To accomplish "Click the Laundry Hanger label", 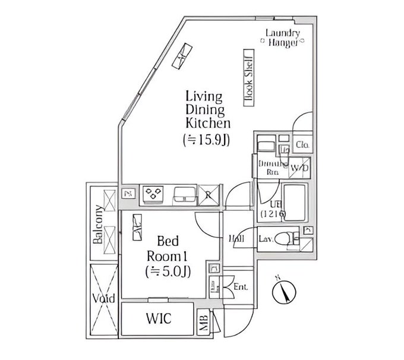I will coord(283,38).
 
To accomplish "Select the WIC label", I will coord(159,318).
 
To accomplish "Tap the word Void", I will coord(104,298).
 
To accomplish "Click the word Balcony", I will coord(96,225).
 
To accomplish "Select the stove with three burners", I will coord(153,193).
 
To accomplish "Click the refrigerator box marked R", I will coord(209,193).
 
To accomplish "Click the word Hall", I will coord(235,239).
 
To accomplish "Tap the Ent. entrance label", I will coord(240,287).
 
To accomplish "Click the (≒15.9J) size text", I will coord(206,140).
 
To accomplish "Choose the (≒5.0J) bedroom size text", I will coord(168,272).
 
